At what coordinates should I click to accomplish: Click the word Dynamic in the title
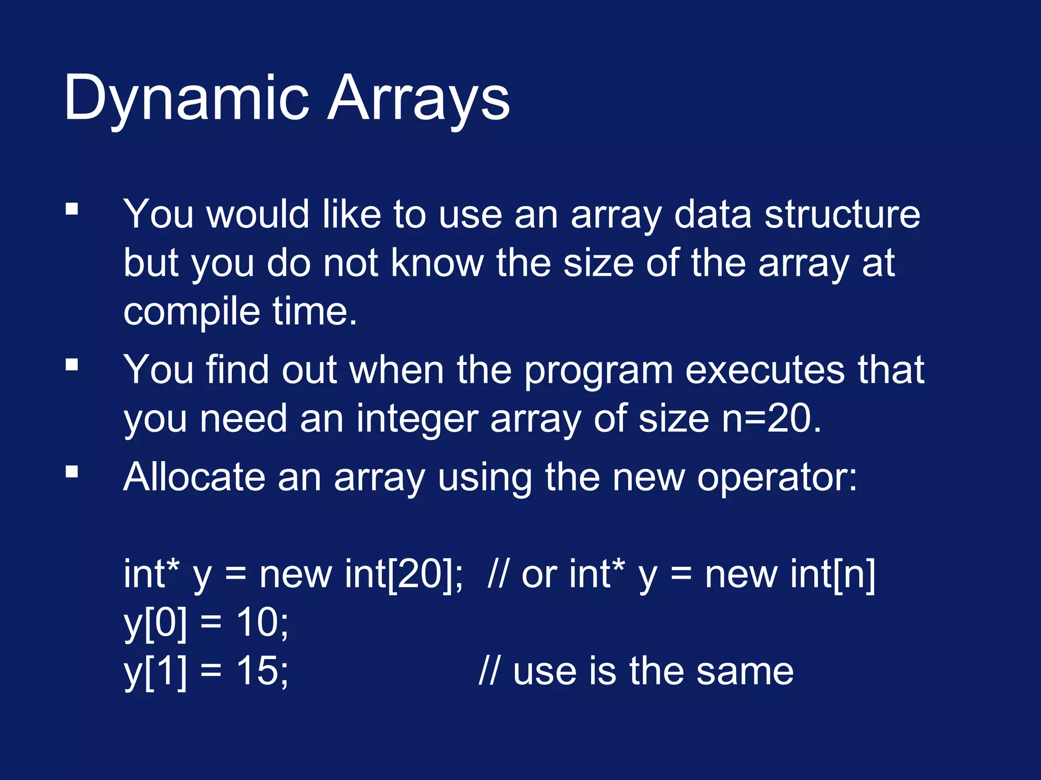(186, 99)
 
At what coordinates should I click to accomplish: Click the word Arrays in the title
(418, 99)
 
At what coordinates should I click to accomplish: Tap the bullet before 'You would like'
(72, 209)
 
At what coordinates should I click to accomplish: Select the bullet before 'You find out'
(72, 365)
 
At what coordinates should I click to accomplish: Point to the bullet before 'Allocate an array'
(72, 472)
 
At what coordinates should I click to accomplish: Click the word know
(437, 264)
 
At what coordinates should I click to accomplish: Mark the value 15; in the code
(262, 671)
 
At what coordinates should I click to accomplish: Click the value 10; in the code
(262, 623)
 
